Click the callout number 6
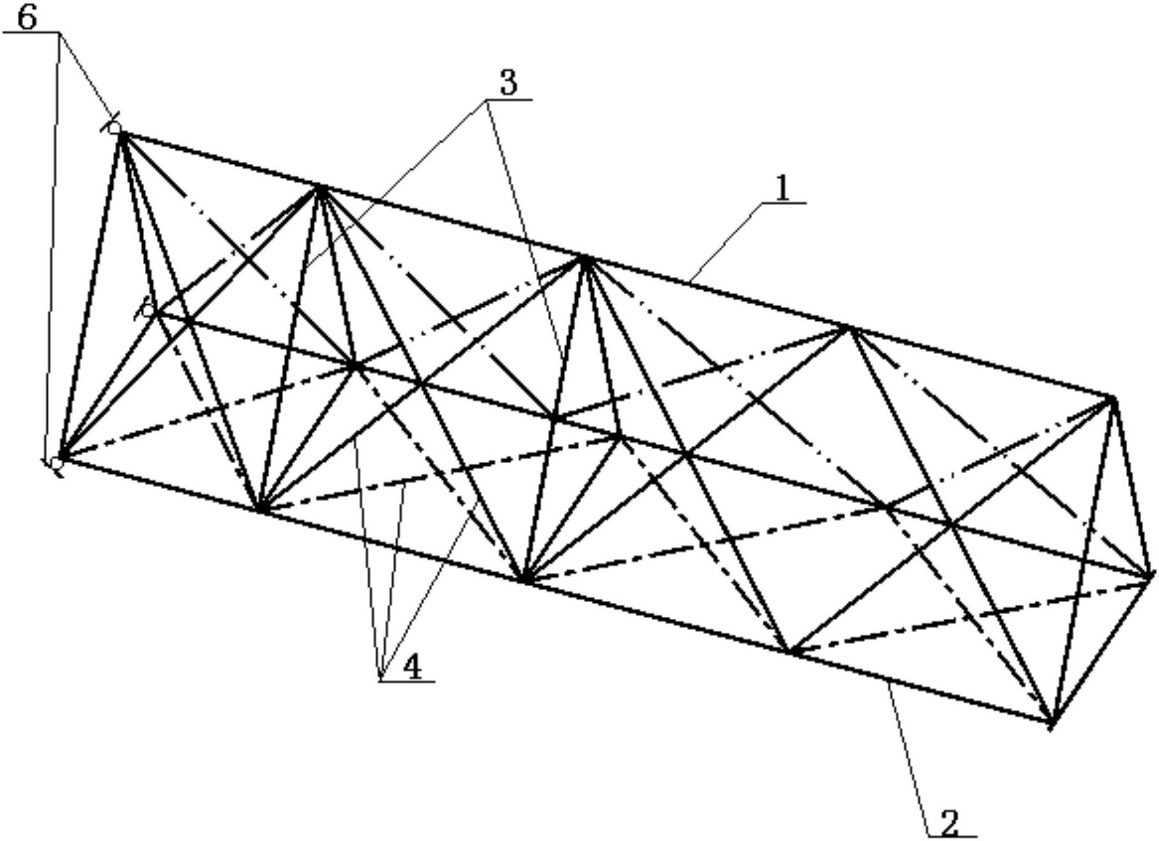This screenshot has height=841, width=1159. (x=27, y=18)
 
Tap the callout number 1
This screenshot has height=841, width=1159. (x=783, y=189)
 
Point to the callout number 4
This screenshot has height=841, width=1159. (x=413, y=668)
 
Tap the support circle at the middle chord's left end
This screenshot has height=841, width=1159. (x=148, y=311)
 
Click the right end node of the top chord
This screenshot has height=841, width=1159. (x=1112, y=399)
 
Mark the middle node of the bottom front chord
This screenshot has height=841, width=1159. (x=525, y=580)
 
